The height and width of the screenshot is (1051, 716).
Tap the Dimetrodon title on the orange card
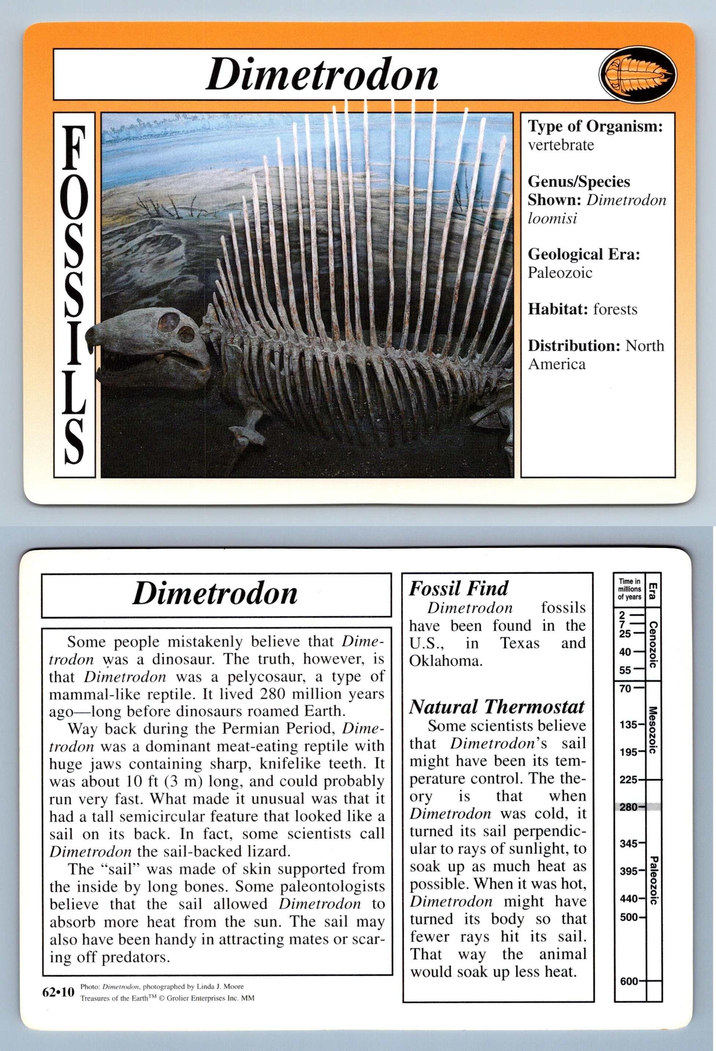pos(322,75)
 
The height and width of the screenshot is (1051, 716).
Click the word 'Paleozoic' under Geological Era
pos(560,273)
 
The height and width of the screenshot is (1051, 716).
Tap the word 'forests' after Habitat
pos(615,309)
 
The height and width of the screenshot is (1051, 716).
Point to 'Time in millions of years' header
pos(630,589)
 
